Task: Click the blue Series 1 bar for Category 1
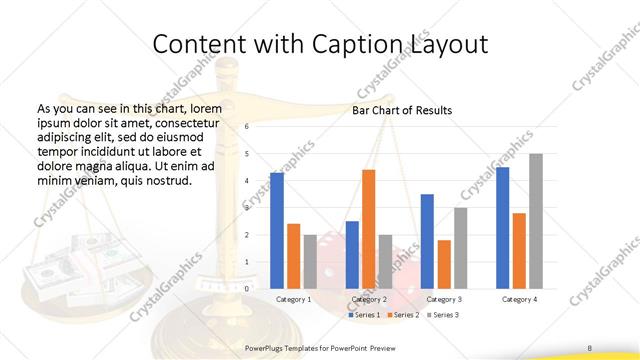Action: tap(277, 231)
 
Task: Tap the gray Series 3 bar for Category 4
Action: tap(536, 221)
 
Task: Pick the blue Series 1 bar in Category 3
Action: tap(427, 241)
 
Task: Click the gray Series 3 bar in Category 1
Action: tap(310, 261)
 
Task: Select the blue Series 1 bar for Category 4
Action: tap(503, 228)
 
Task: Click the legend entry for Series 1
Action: tap(364, 315)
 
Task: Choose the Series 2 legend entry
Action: tap(403, 315)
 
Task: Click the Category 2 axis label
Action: tap(369, 299)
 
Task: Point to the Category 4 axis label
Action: tap(519, 299)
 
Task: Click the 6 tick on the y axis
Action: tap(246, 127)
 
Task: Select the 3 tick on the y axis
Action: tap(246, 208)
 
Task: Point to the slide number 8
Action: tap(590, 347)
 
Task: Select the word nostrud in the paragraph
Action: tap(167, 181)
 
